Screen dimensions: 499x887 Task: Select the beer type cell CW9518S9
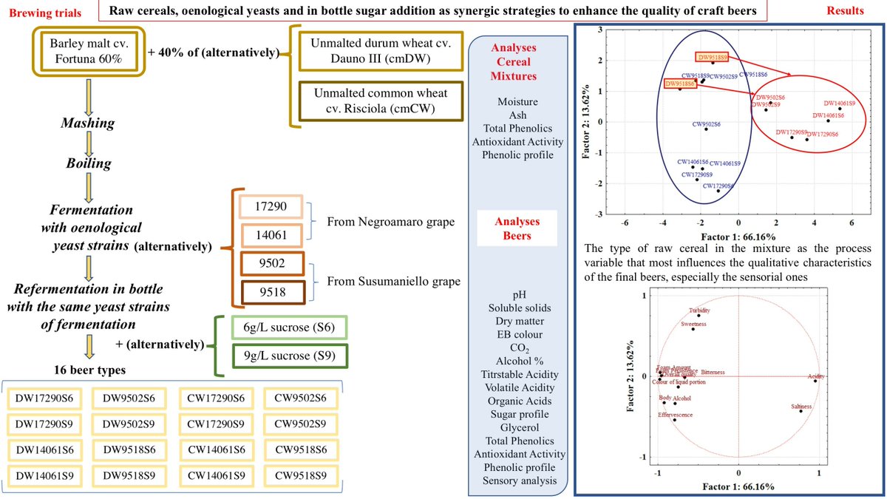tap(299, 475)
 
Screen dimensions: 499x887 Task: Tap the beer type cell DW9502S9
tap(128, 425)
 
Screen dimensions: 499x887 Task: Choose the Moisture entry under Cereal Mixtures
tap(519, 101)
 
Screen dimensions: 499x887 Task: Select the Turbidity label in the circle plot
tap(699, 310)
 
